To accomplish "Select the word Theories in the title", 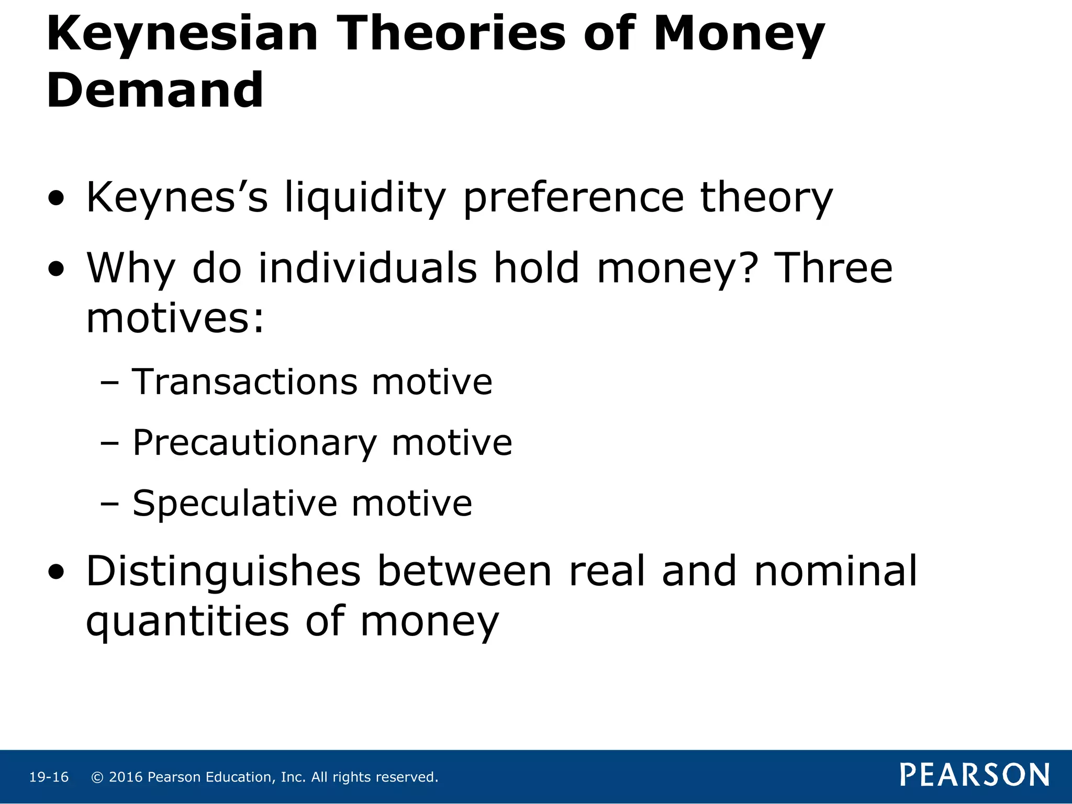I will tap(453, 34).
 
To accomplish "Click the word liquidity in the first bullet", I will tap(365, 198).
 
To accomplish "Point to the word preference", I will tap(574, 198).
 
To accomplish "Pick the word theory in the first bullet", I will tap(766, 198).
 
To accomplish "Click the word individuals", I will tap(368, 268).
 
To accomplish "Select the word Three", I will tap(833, 268).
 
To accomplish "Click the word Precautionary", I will tap(254, 443).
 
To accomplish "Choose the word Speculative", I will tap(234, 504).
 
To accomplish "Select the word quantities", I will tap(187, 621).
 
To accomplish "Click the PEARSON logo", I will tap(975, 775).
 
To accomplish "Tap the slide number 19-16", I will tap(49, 777).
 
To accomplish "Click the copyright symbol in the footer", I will tap(97, 777).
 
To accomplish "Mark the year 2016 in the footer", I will tap(126, 777).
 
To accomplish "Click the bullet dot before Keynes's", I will tap(56, 199).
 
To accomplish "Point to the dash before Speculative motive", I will tap(109, 504).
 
